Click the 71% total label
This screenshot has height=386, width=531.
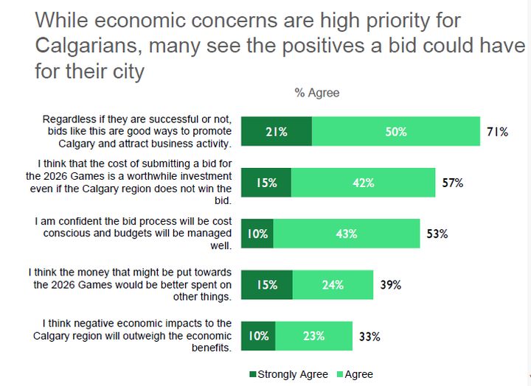pyautogui.click(x=497, y=133)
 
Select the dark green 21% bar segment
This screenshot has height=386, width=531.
pyautogui.click(x=277, y=132)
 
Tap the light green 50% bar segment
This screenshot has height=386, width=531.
pyautogui.click(x=396, y=132)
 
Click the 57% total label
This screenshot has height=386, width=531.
pyautogui.click(x=452, y=183)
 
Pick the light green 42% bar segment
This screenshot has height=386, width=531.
pyautogui.click(x=363, y=183)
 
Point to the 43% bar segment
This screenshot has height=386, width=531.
pyautogui.click(x=346, y=234)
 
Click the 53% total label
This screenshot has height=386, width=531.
pyautogui.click(x=437, y=234)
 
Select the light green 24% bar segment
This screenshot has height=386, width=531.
pyautogui.click(x=333, y=285)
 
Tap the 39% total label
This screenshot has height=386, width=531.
pyautogui.click(x=390, y=285)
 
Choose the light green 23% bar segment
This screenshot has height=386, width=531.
pyautogui.click(x=313, y=336)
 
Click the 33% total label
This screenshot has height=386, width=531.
pyautogui.click(x=369, y=337)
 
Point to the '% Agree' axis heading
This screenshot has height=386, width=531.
pyautogui.click(x=317, y=93)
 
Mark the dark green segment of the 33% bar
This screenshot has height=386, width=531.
pyautogui.click(x=258, y=336)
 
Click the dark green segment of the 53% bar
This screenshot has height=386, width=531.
pyautogui.click(x=257, y=234)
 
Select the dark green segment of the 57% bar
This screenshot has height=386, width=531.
pyautogui.click(x=266, y=183)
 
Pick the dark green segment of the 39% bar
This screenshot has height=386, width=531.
pyautogui.click(x=267, y=285)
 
